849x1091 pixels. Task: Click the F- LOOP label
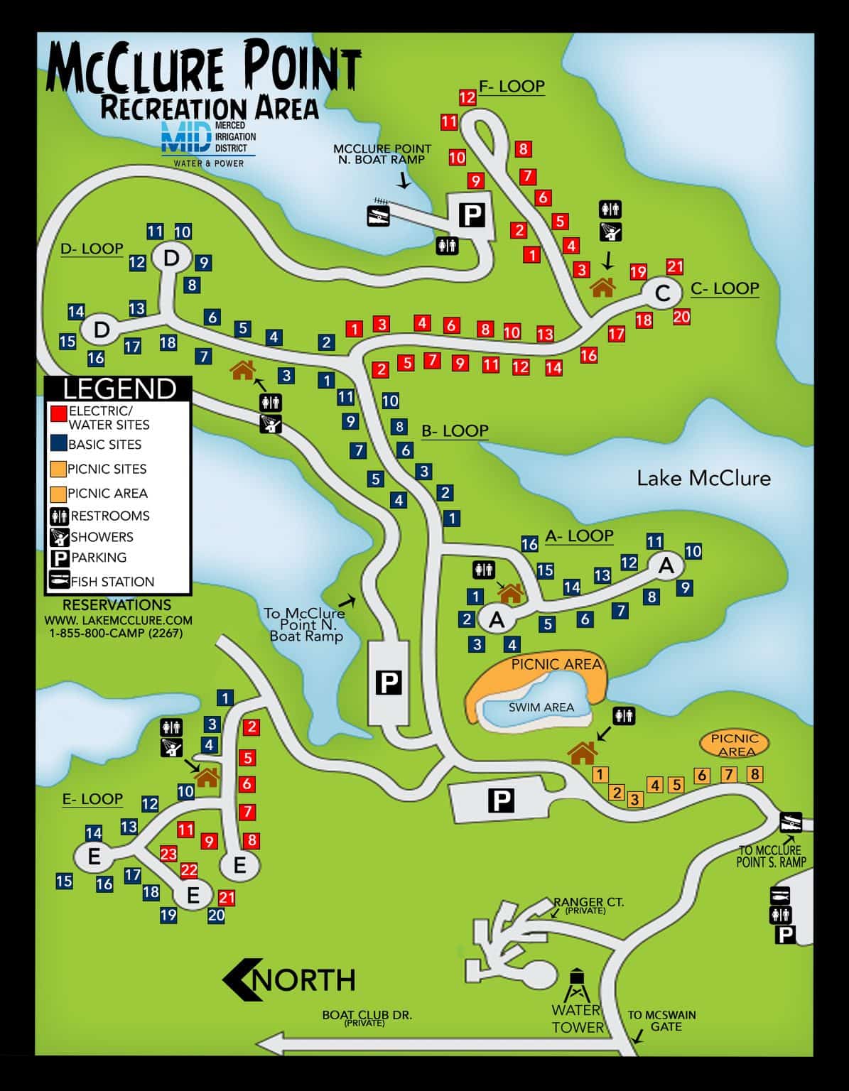[511, 87]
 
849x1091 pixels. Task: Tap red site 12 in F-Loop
[467, 98]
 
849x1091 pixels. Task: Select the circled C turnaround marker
[662, 293]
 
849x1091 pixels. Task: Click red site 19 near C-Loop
[638, 271]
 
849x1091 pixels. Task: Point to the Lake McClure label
[703, 478]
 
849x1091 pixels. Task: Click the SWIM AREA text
[541, 707]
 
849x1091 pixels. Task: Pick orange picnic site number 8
[755, 774]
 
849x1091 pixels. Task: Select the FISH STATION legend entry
[112, 582]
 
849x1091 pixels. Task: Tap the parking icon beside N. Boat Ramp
[472, 214]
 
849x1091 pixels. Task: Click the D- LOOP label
[92, 249]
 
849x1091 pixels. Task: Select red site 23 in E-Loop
[168, 853]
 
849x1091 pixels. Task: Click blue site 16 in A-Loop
[529, 544]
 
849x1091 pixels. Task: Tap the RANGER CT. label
[588, 903]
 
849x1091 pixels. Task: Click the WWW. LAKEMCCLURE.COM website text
[118, 620]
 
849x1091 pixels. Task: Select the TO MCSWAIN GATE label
[661, 1021]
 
